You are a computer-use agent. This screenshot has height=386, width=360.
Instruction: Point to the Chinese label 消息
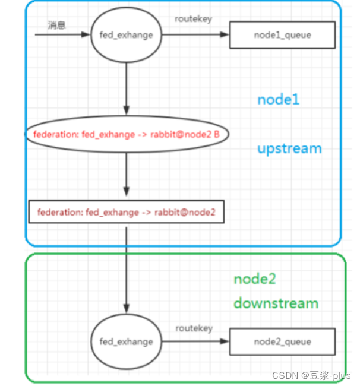tap(56, 25)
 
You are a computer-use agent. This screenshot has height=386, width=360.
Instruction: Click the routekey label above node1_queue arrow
tap(193, 19)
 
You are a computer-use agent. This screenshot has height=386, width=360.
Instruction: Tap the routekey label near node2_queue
tap(194, 328)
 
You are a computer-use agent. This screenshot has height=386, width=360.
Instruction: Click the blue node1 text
tap(278, 100)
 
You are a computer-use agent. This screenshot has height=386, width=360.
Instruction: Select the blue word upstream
tap(289, 148)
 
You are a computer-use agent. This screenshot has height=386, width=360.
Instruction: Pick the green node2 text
tap(255, 279)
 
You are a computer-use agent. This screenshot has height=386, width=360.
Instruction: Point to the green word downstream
tap(276, 303)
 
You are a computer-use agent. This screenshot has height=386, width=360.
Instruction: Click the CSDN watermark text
tap(311, 375)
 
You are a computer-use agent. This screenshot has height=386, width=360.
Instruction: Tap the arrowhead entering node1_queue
tap(225, 34)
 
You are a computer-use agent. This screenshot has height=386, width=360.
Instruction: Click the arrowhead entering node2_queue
tap(225, 341)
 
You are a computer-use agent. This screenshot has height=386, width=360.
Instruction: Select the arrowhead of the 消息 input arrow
tap(86, 34)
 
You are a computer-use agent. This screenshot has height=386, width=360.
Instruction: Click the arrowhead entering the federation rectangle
tap(127, 192)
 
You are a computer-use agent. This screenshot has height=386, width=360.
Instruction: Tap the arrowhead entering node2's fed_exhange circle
tap(127, 309)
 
